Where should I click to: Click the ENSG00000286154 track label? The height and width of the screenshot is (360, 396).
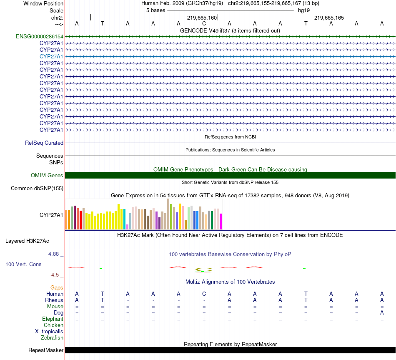(x=40, y=36)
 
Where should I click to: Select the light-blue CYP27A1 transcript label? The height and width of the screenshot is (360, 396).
(x=51, y=56)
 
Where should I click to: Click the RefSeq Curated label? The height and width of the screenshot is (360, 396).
(x=44, y=143)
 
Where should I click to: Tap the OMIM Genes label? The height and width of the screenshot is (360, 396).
(x=47, y=175)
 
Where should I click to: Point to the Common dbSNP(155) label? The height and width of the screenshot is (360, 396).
(x=37, y=189)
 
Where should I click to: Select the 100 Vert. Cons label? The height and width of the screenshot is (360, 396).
(x=23, y=264)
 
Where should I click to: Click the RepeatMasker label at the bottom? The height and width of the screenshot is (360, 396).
(x=46, y=350)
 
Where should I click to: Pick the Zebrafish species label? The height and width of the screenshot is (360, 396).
(x=52, y=337)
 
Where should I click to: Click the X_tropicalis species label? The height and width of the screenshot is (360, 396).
(x=49, y=331)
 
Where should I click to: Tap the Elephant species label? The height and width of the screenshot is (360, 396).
(x=53, y=319)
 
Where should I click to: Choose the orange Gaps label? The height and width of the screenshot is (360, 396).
(x=57, y=287)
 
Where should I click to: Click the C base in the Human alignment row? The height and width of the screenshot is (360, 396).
(x=204, y=294)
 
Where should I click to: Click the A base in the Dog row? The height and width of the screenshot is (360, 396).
(x=382, y=312)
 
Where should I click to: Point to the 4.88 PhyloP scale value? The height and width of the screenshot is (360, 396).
(x=54, y=253)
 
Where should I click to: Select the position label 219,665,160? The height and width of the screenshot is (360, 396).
(x=202, y=18)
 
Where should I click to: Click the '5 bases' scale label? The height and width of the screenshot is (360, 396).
(x=155, y=10)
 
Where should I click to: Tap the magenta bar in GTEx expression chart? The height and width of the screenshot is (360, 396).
(x=221, y=221)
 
